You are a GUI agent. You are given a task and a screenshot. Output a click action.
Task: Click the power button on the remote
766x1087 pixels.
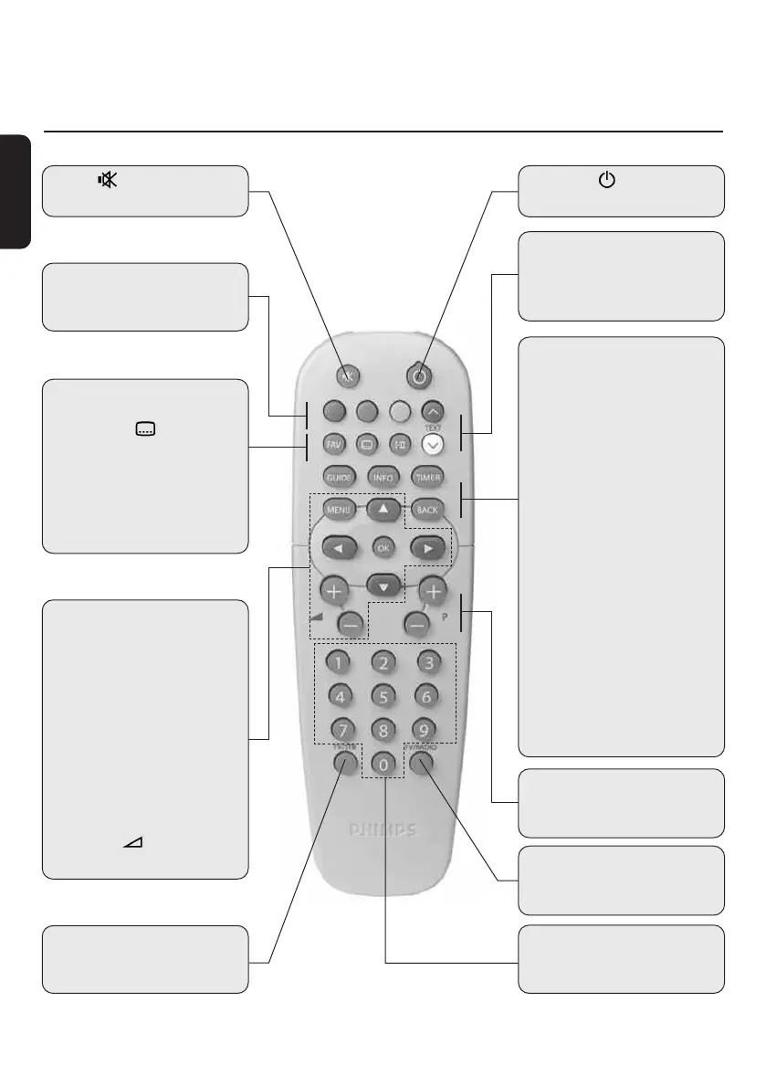[420, 375]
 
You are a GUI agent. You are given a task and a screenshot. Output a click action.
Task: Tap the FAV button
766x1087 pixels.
[334, 443]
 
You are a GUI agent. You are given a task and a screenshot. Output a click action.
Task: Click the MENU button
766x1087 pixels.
[338, 510]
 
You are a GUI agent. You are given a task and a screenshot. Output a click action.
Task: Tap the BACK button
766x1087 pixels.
[426, 510]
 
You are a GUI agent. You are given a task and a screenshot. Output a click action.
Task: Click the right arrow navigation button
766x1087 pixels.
[426, 549]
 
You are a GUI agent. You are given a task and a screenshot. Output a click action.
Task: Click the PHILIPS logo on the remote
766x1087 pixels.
[383, 830]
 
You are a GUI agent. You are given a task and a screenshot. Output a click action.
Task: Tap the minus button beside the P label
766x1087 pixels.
[417, 625]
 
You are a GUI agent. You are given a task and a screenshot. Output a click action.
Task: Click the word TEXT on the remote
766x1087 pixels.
[434, 427]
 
